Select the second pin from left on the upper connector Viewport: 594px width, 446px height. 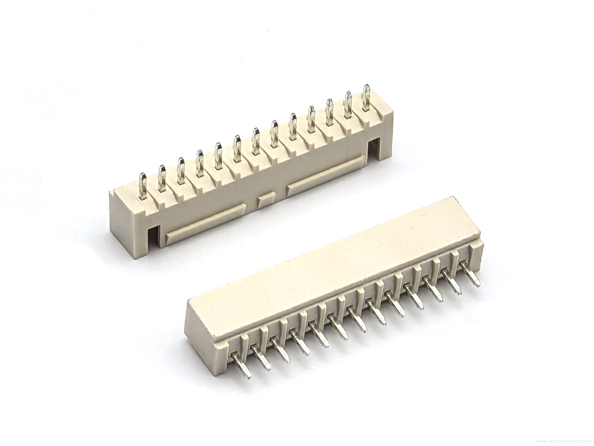(162, 179)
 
